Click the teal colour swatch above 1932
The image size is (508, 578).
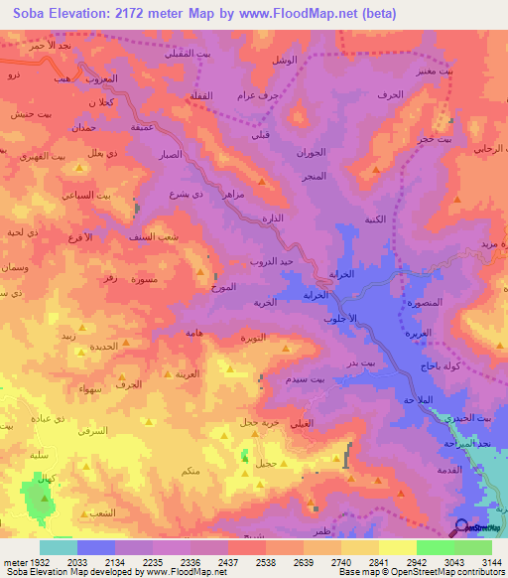pyautogui.click(x=59, y=546)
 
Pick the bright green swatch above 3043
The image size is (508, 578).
pyautogui.click(x=436, y=546)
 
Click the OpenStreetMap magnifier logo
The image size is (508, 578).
pyautogui.click(x=461, y=527)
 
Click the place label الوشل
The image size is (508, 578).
pyautogui.click(x=285, y=61)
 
